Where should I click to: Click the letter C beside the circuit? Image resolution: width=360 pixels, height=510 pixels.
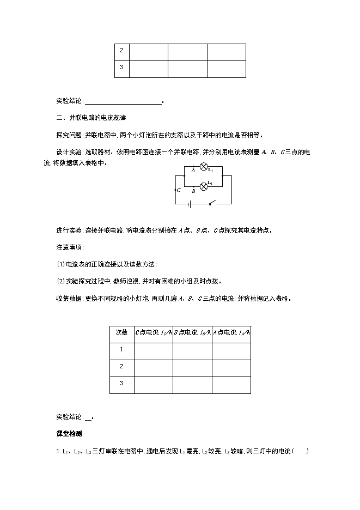coord(179,190)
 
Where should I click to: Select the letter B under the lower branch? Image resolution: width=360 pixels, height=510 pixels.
coord(193,192)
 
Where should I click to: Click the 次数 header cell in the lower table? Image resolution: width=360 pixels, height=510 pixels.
coord(121,332)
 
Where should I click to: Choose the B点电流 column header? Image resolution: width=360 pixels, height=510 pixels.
coord(192,332)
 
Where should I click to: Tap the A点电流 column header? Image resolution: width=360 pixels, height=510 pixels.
coord(231,332)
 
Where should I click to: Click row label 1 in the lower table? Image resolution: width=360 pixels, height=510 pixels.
coord(121,350)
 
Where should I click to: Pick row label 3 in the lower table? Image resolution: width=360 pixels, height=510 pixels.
coord(121,384)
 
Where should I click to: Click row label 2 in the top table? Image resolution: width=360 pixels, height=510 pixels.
coord(121,51)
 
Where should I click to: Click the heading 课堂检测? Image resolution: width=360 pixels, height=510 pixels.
coord(69,434)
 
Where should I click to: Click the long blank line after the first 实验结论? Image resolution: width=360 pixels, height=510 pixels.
coord(124,101)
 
